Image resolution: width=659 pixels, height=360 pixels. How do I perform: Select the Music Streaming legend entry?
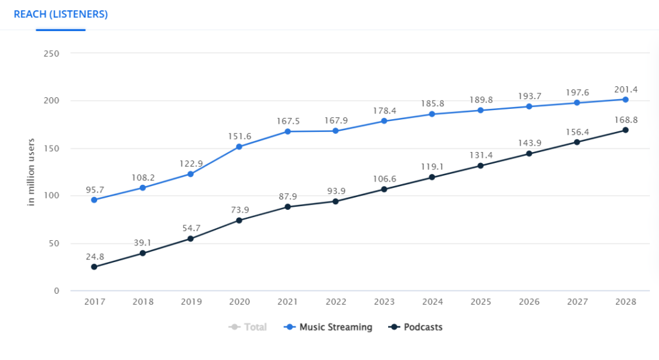[328, 327]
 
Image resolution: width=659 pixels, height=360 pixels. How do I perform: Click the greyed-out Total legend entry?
[248, 327]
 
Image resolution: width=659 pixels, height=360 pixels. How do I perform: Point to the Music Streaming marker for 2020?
[239, 147]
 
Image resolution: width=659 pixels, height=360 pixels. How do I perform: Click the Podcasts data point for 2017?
[94, 267]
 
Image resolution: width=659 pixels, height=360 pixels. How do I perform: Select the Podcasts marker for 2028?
[625, 130]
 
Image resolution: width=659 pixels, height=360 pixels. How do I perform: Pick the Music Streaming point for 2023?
[384, 121]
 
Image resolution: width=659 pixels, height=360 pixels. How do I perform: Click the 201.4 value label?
[625, 88]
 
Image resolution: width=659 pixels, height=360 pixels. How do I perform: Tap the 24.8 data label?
[94, 256]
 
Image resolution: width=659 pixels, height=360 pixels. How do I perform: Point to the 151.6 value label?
[239, 135]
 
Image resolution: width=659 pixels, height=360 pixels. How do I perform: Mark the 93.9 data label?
[335, 190]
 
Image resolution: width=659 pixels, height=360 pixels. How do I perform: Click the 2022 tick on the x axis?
[335, 301]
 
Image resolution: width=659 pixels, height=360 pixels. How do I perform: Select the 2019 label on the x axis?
[190, 301]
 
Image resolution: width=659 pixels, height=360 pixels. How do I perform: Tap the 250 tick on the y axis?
[51, 53]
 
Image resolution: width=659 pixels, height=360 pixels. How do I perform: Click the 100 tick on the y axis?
[51, 196]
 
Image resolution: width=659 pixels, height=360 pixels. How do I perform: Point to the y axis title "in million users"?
[30, 172]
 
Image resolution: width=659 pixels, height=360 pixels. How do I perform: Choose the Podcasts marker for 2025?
[480, 166]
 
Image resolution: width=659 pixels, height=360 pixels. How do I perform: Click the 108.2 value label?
[142, 176]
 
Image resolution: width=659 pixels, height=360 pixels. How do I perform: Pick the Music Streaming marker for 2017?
[94, 200]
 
